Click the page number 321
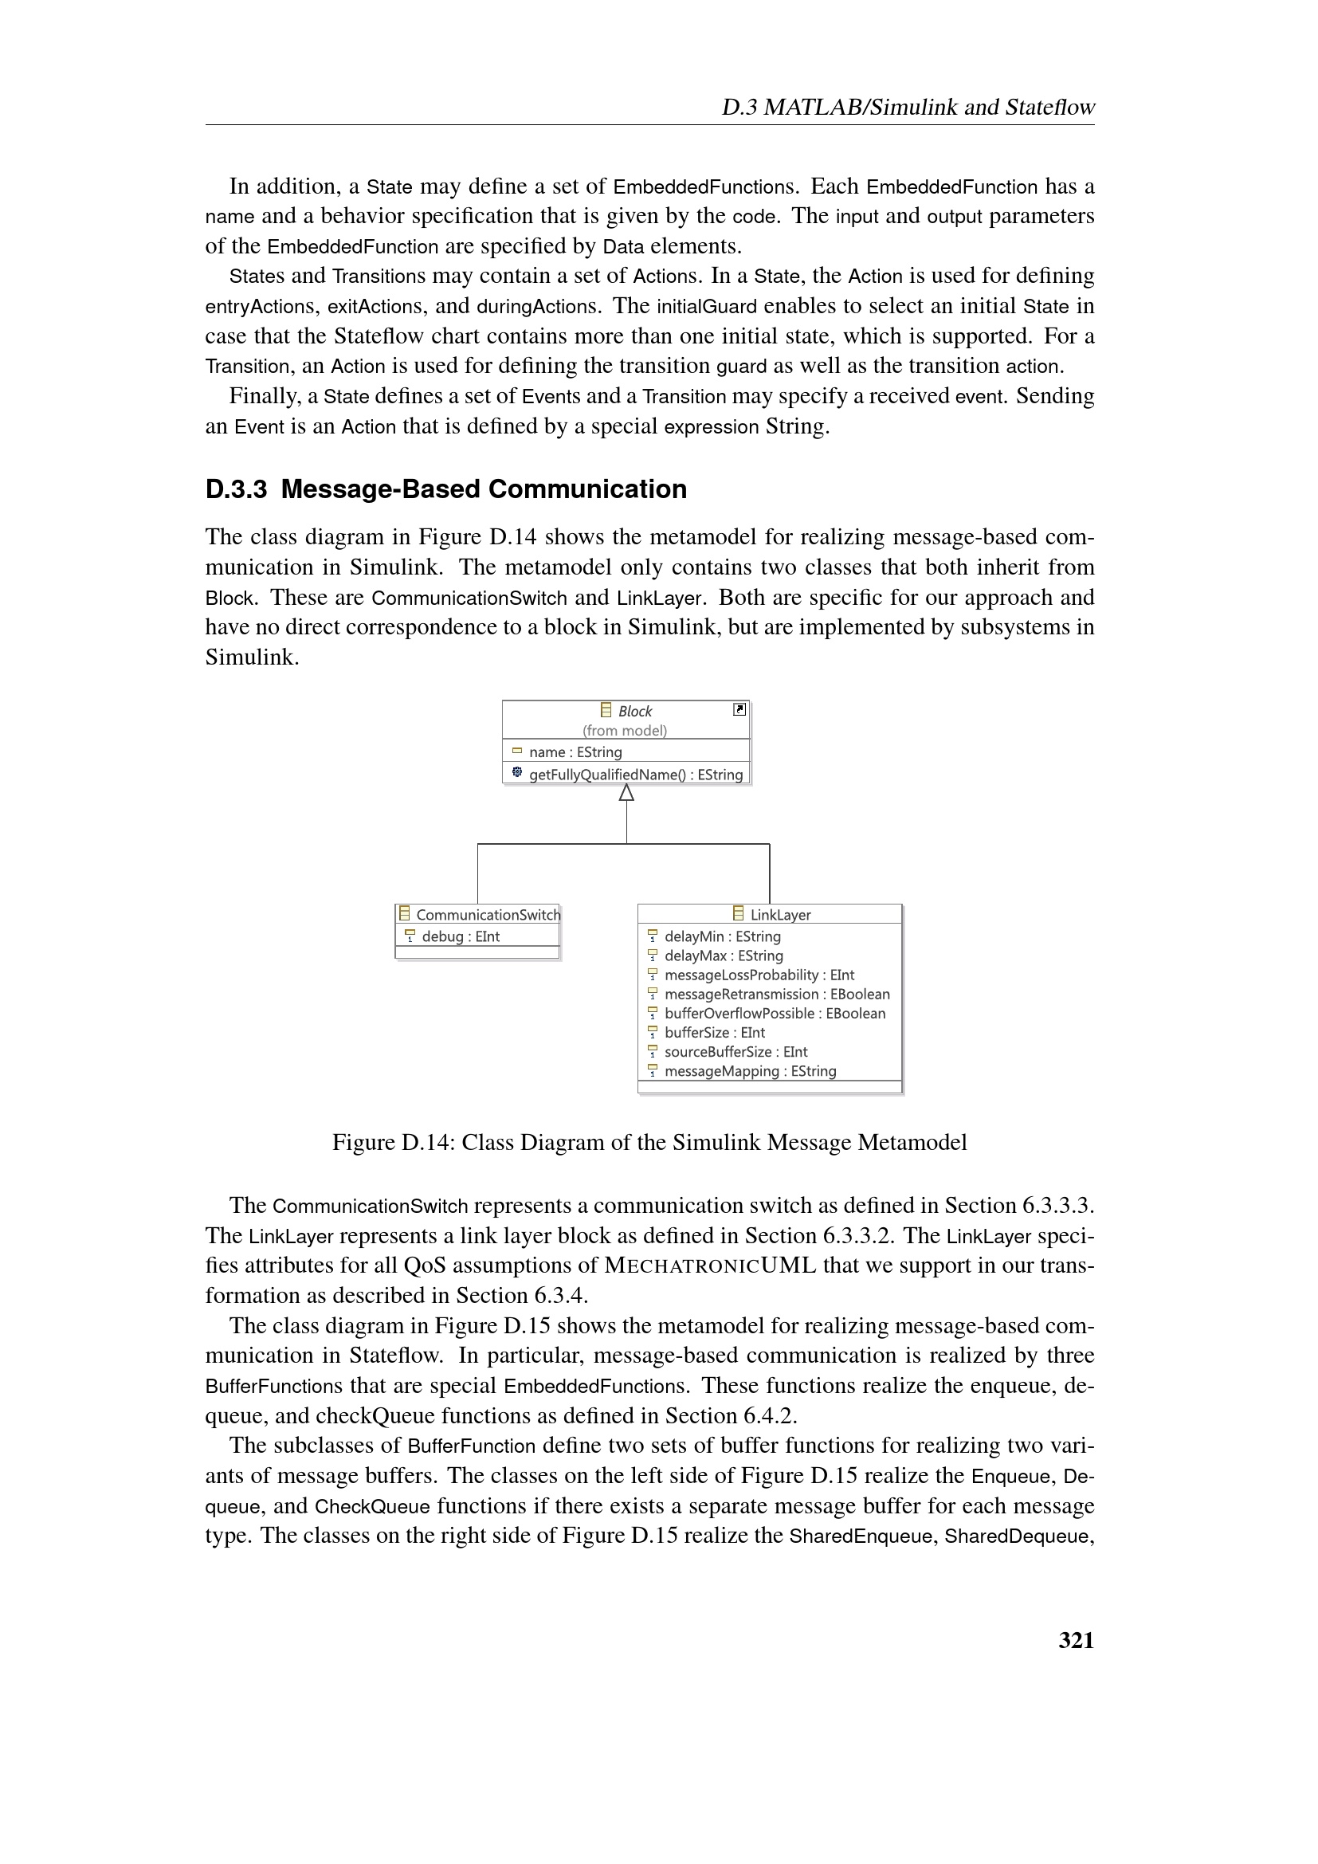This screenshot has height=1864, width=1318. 1075,1640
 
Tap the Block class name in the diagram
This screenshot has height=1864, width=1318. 634,711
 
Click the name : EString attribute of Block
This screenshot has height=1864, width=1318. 575,751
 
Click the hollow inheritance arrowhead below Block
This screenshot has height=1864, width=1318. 626,793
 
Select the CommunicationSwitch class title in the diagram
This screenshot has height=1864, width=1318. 487,914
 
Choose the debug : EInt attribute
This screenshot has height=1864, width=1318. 460,936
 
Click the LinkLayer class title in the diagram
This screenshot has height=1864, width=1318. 780,914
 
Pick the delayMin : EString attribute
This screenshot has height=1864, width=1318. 722,936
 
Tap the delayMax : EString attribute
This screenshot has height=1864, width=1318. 723,956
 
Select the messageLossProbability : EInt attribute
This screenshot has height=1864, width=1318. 759,974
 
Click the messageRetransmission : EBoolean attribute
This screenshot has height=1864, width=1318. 777,994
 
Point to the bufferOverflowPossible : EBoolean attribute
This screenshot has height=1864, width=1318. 775,1013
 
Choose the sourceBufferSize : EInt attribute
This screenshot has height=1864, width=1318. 735,1051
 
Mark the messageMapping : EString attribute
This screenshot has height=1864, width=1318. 750,1071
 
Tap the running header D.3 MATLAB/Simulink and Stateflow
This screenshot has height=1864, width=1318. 908,107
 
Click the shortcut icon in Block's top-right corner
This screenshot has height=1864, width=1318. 739,709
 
